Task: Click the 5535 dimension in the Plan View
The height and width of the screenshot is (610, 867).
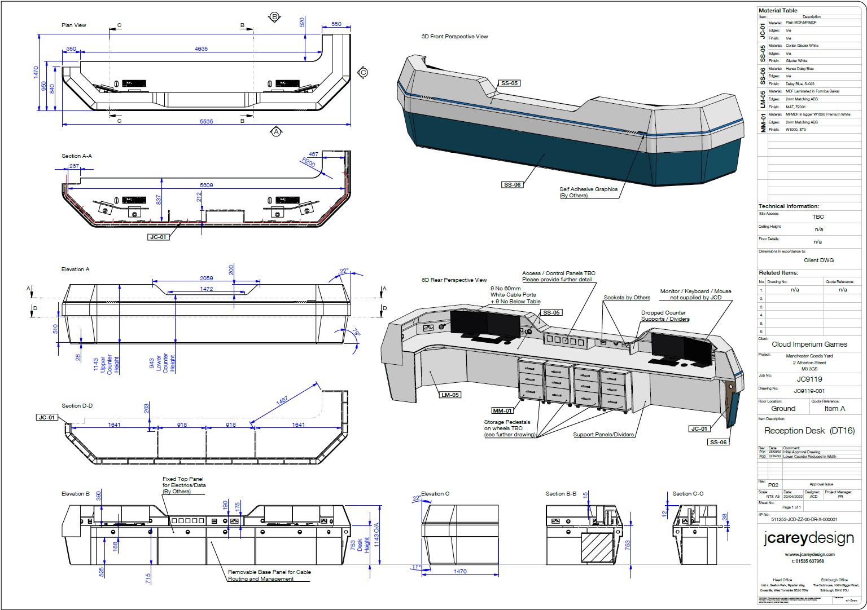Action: [207, 122]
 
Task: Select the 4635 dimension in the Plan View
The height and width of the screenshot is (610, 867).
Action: [201, 49]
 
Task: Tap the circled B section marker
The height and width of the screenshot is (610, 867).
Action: [275, 17]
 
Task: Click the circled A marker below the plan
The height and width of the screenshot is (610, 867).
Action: [276, 132]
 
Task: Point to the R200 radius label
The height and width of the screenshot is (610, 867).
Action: [308, 162]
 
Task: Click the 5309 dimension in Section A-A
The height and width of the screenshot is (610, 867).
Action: [207, 185]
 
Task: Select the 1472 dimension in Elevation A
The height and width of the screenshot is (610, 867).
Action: [207, 289]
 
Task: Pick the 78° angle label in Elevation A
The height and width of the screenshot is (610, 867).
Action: [356, 333]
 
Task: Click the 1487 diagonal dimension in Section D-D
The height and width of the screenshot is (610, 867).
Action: [282, 401]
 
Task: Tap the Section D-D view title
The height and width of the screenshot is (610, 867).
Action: [77, 406]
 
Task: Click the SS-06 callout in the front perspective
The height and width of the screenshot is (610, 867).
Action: [512, 185]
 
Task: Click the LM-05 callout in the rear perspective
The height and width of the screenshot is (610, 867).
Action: [450, 395]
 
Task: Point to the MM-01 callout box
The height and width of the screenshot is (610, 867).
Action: [502, 410]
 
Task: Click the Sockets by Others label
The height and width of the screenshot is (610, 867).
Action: [627, 298]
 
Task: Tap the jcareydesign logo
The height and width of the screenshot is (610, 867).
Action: [808, 538]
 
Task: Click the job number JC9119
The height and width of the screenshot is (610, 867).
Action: [809, 379]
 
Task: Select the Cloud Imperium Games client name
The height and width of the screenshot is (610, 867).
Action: [809, 344]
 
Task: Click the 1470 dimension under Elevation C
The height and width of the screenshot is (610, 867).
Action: [460, 572]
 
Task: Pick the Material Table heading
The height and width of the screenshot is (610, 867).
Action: [778, 11]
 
